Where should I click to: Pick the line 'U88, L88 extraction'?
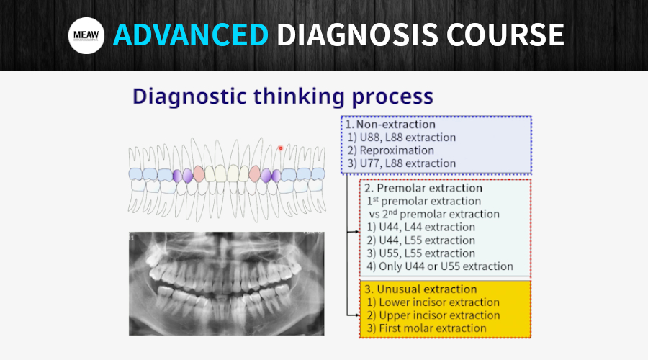(407, 137)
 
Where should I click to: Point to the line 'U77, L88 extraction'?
(407, 163)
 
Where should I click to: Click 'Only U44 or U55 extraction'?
(445, 266)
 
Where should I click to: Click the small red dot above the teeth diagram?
(281, 148)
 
